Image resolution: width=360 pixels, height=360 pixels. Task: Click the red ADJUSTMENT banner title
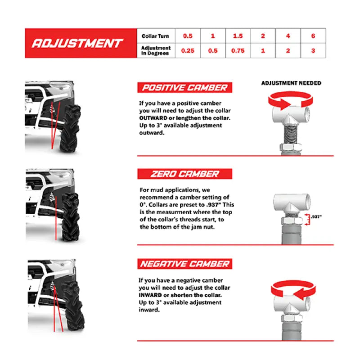77,43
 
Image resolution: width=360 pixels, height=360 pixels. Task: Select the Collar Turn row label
155,36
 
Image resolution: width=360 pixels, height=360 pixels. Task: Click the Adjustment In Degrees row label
155,50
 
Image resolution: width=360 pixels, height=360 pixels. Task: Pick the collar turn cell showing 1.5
238,36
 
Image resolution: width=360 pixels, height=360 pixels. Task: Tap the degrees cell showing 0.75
238,51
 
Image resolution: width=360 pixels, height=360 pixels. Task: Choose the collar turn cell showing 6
313,36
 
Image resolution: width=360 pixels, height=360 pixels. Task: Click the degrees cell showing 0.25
187,51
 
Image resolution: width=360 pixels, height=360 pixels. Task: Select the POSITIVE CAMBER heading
184,88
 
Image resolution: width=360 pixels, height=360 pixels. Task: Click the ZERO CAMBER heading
184,174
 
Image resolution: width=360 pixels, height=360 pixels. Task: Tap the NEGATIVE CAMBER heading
184,264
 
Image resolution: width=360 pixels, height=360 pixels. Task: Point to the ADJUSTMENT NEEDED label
291,83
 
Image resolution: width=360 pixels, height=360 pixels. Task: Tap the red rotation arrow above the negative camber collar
290,290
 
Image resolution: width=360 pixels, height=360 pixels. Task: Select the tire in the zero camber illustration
70,216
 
